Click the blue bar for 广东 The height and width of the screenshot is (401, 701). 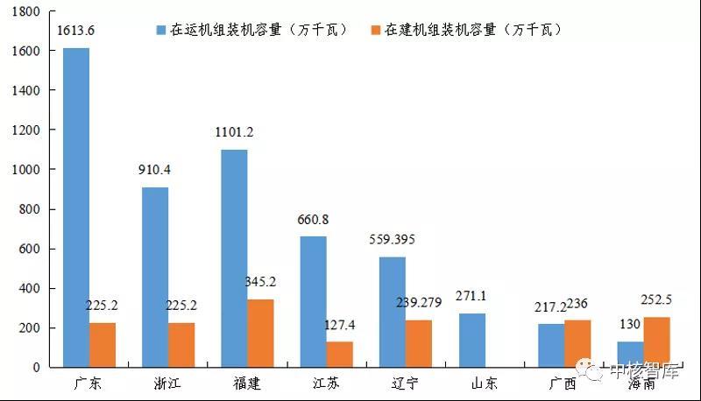point(76,208)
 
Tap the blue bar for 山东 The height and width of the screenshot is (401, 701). point(471,341)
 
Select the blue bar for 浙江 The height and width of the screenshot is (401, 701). point(155,278)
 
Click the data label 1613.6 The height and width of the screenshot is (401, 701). point(75,31)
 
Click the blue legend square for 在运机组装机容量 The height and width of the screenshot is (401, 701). point(161,30)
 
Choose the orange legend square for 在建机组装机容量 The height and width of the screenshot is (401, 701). point(378,30)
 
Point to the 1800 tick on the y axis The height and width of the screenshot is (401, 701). point(27,11)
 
